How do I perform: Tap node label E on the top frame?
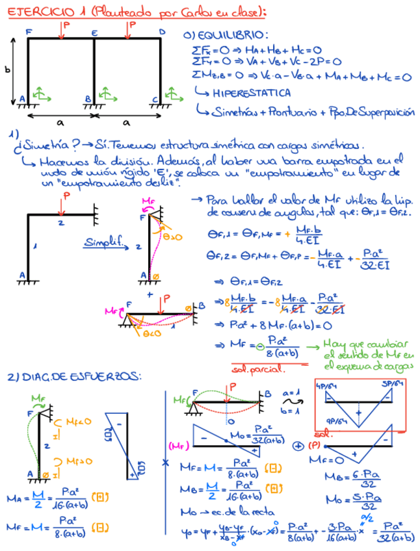pyautogui.click(x=95, y=32)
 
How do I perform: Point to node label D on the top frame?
pyautogui.click(x=162, y=31)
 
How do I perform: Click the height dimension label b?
pyautogui.click(x=8, y=70)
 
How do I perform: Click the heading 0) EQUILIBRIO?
pyautogui.click(x=225, y=35)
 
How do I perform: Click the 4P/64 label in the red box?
pyautogui.click(x=324, y=385)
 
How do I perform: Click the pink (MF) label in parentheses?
pyautogui.click(x=177, y=446)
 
